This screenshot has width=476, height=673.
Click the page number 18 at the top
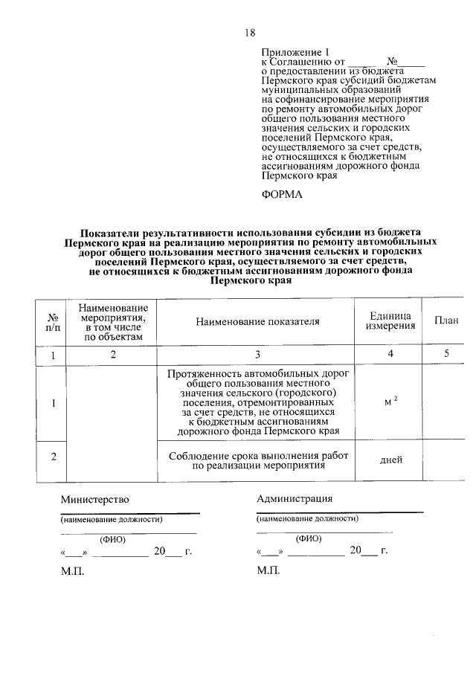point(250,33)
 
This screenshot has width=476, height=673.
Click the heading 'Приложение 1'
point(295,52)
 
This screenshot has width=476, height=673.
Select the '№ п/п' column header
point(53,321)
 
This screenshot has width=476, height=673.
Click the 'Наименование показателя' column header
point(257,321)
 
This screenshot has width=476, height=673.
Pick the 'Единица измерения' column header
point(390,321)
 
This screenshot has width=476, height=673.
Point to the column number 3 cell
point(257,355)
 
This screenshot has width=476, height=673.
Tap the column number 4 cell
point(390,355)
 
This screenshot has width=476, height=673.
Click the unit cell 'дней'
point(390,460)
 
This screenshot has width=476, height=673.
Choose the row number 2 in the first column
point(53,457)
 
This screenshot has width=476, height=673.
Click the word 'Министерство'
point(95,499)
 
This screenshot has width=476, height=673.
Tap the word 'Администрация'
point(295,498)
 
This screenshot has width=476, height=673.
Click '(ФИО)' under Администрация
point(308,538)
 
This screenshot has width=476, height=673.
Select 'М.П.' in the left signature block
point(73,570)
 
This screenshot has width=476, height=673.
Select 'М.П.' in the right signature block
point(268,570)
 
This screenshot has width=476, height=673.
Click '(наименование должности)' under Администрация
point(307,519)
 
